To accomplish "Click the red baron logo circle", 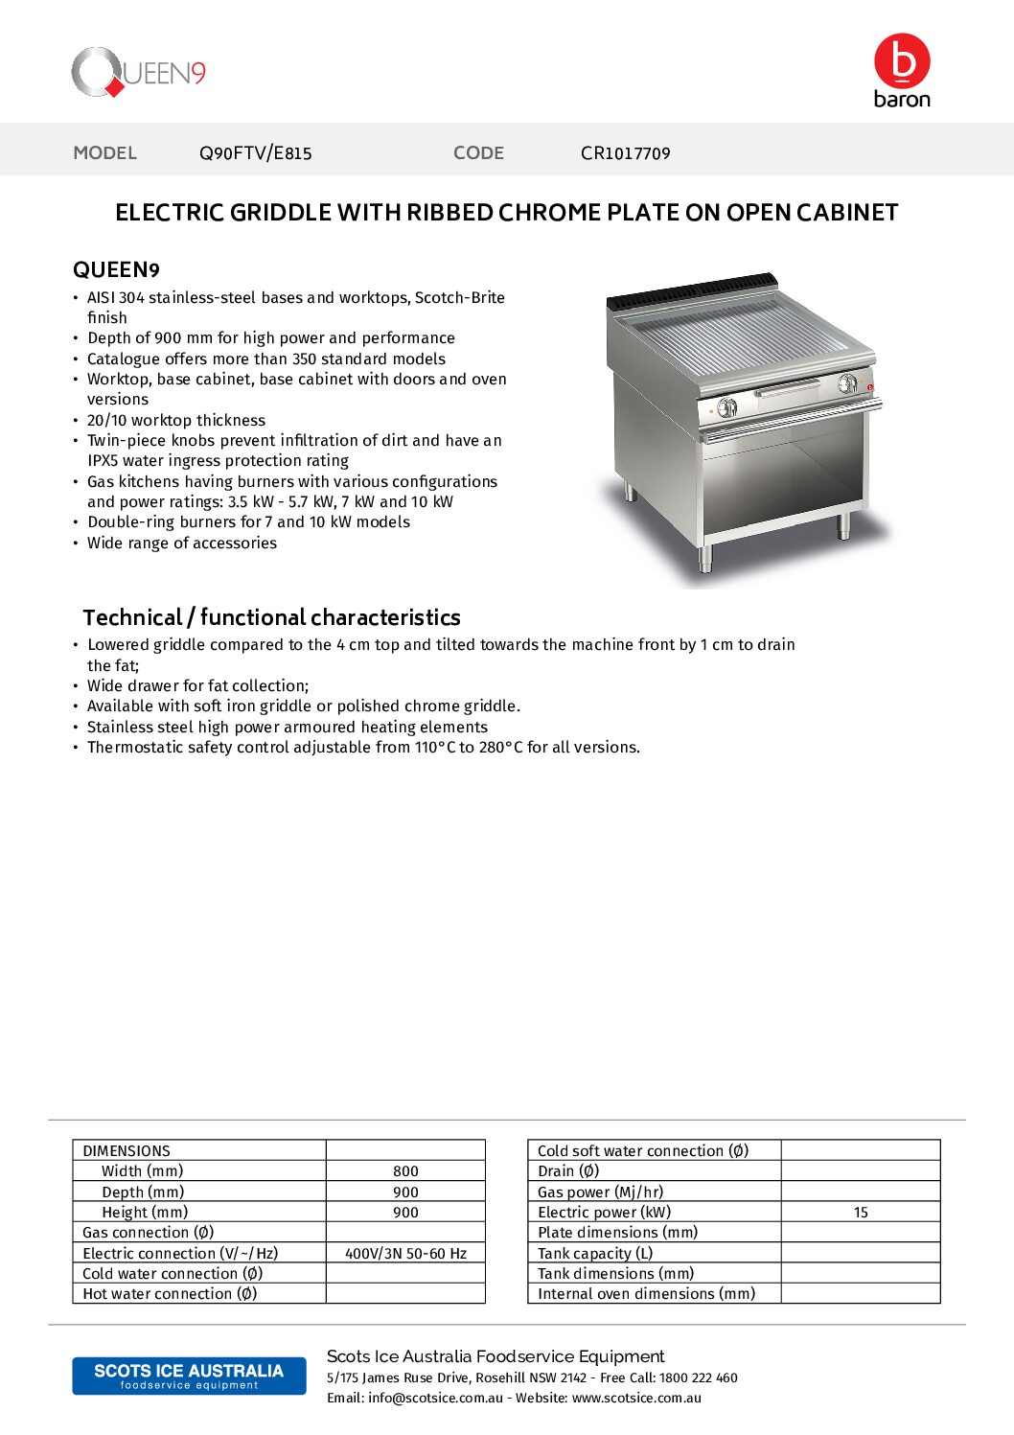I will tap(902, 60).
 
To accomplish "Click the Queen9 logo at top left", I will tap(139, 73).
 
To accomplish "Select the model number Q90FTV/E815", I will tap(255, 153).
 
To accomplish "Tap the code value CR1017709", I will tap(625, 153).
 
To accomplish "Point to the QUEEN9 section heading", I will tap(116, 270).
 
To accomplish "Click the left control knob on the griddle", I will tap(726, 407).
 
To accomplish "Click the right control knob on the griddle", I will tap(847, 384).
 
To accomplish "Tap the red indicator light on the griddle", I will tap(870, 387).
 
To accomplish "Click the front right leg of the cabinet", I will tap(844, 525).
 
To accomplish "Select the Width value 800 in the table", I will tap(405, 1171).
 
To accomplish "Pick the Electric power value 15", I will tap(861, 1213).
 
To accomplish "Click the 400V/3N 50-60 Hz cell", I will tap(405, 1254).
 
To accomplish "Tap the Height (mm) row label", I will tap(145, 1213).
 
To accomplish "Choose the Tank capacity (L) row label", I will tap(594, 1254).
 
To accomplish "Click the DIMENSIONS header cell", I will tap(127, 1151).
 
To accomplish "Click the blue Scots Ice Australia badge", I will tap(189, 1376).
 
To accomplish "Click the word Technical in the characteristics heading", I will tap(132, 617).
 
